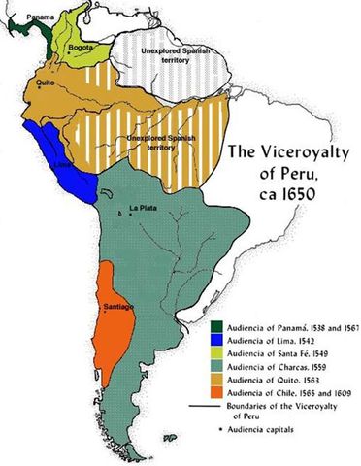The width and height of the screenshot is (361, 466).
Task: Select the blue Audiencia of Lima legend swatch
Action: pyautogui.click(x=217, y=342)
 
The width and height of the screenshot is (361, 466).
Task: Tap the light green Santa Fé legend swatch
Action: pyautogui.click(x=217, y=355)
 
